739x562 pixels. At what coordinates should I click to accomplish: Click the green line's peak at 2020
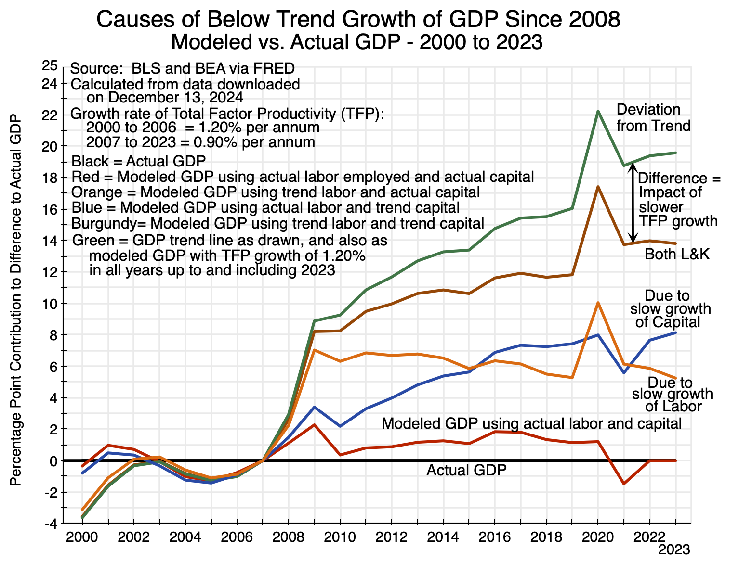598,111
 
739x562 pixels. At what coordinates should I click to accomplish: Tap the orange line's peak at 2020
598,303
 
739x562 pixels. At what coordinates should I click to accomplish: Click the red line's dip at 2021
624,484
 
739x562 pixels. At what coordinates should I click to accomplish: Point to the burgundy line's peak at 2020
598,187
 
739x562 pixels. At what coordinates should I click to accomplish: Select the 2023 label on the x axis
674,549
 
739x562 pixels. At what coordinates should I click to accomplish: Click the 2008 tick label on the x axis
288,536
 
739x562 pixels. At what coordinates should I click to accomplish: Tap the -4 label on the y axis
50,524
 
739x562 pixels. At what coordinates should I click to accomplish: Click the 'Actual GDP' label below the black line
466,470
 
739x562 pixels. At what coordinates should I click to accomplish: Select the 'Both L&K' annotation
677,255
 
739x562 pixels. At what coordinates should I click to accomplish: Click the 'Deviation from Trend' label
653,118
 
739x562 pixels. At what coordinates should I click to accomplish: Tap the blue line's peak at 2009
314,407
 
